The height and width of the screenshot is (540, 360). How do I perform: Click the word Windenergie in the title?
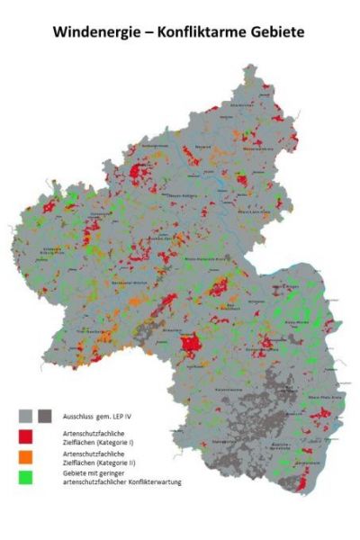click(91, 31)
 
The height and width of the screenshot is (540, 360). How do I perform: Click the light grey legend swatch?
click(27, 415)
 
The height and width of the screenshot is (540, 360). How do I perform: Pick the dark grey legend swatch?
click(45, 415)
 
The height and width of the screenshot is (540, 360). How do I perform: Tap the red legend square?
click(27, 437)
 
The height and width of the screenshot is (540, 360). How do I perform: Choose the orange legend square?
click(27, 460)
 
